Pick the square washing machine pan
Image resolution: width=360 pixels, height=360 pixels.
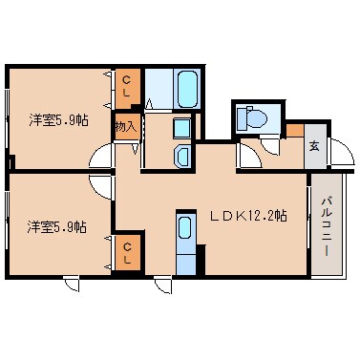click(180, 129)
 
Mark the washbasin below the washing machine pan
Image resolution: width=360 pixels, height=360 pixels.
click(180, 155)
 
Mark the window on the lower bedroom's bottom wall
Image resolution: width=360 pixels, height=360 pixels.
click(71, 283)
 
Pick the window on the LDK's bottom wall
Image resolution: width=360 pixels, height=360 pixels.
click(163, 283)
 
